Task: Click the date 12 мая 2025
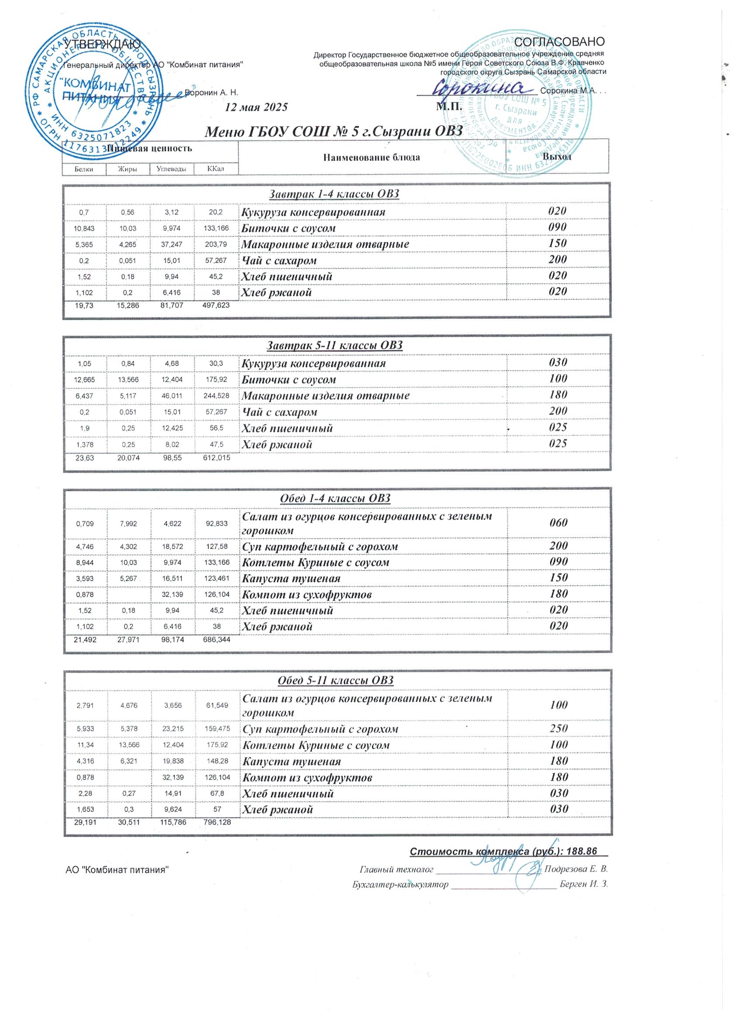(x=256, y=107)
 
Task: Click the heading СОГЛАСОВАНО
(x=559, y=42)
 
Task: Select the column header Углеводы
(x=172, y=169)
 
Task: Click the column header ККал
(x=216, y=169)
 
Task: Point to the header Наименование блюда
(x=371, y=157)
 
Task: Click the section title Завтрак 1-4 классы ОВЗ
(x=334, y=194)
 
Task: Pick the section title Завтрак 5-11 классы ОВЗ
(x=335, y=346)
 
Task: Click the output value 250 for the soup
(x=558, y=729)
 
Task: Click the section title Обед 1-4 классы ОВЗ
(x=335, y=498)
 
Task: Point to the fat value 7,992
(x=129, y=524)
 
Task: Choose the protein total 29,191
(x=84, y=822)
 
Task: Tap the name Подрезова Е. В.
(x=576, y=869)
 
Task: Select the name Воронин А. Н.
(x=212, y=92)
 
